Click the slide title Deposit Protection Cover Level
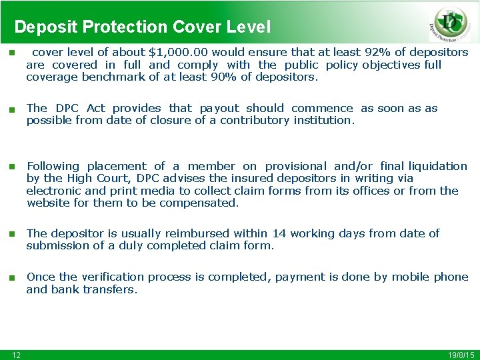(143, 27)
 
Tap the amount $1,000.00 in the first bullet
(176, 52)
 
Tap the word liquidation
(438, 166)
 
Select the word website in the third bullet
(49, 203)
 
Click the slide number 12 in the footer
(16, 355)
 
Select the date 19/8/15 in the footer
(459, 355)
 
